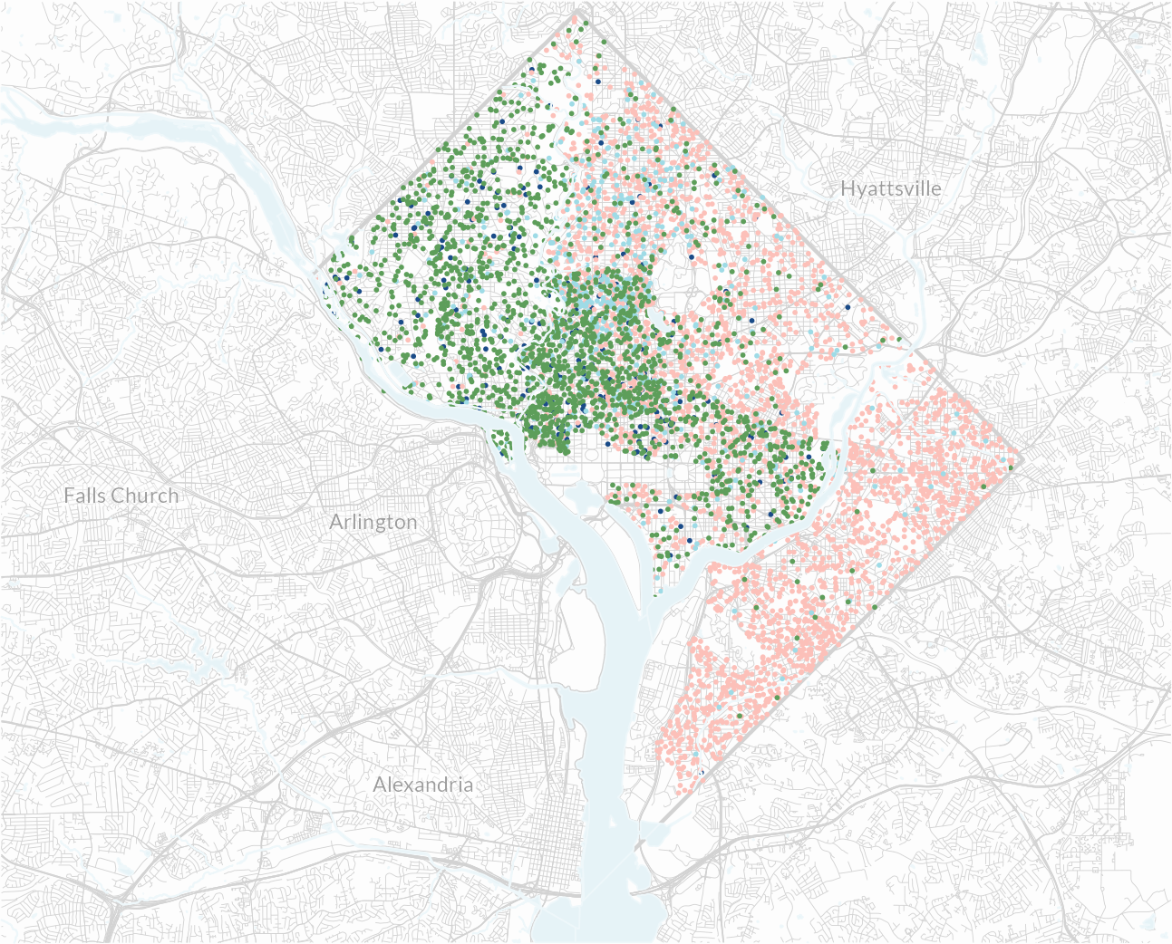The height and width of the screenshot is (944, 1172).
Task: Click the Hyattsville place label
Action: (890, 188)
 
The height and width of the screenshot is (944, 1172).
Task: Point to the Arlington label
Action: (373, 522)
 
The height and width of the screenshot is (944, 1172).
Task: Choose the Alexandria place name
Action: (423, 785)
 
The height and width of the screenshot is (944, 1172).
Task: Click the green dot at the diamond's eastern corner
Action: (1012, 468)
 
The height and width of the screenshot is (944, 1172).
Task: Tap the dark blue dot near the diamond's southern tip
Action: (700, 771)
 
